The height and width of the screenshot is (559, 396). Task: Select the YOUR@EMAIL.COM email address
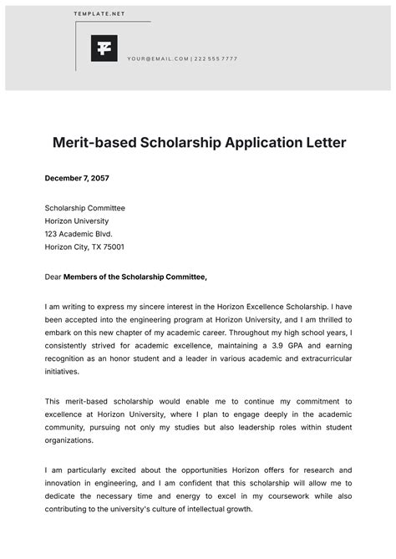(158, 58)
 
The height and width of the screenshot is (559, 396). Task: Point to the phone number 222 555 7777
(216, 58)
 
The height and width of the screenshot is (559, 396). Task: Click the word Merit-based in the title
(96, 143)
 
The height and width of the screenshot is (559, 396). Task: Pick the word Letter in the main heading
(322, 143)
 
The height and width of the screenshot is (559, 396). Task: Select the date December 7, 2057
(77, 178)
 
